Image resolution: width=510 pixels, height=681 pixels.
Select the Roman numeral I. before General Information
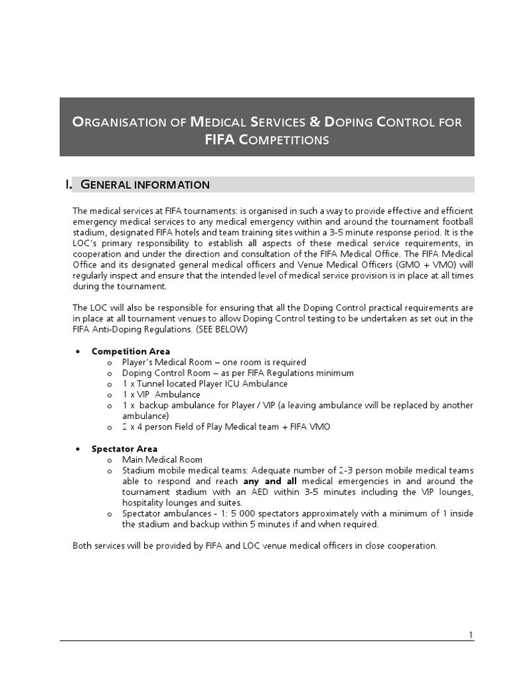68,184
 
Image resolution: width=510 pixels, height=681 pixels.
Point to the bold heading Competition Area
131,351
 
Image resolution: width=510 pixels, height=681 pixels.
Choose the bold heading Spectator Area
125,449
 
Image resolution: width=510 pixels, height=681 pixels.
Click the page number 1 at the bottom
471,635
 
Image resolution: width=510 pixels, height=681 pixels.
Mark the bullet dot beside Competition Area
78,351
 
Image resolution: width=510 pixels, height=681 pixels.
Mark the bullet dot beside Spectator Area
78,449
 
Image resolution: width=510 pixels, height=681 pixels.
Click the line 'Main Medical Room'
163,460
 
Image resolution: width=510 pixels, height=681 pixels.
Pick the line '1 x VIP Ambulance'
161,394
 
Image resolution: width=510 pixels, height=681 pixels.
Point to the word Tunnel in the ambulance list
154,384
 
